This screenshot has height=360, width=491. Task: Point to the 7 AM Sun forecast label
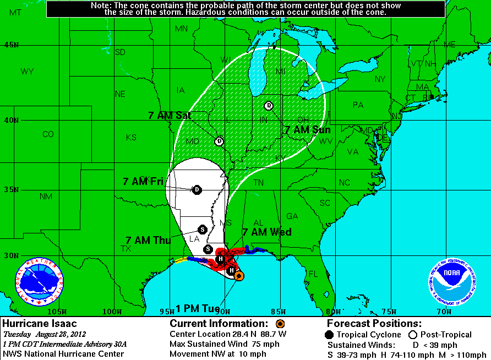[x=308, y=130]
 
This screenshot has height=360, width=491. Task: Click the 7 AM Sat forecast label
[x=170, y=115]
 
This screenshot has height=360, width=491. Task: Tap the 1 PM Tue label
[x=198, y=308]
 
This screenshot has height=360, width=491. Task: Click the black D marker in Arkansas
[x=197, y=190]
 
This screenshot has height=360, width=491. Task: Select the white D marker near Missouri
[x=219, y=141]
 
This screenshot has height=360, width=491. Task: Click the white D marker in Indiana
[x=269, y=106]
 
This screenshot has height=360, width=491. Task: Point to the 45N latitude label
[x=10, y=45]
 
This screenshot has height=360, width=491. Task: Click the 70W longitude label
[x=444, y=312]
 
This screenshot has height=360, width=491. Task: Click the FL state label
[x=313, y=274]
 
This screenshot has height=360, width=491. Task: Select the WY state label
[x=27, y=71]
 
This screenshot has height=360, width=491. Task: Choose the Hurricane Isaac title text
[x=40, y=324]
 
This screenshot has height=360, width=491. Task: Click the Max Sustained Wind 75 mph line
[x=225, y=344]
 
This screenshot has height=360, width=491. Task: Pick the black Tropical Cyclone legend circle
[x=329, y=335]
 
